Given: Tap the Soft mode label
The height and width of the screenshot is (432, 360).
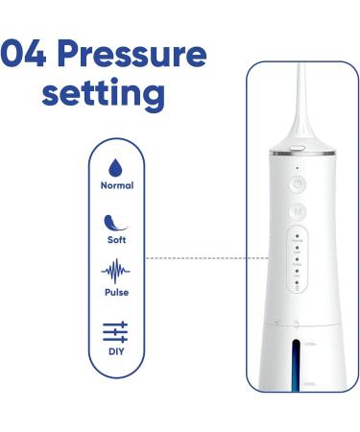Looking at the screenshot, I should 116,239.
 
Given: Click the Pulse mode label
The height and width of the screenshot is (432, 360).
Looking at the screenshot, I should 116,292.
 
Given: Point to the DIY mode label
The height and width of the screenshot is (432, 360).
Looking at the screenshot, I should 116,351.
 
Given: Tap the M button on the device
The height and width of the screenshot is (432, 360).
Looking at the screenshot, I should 298,210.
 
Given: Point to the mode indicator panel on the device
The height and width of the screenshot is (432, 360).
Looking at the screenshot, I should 298,260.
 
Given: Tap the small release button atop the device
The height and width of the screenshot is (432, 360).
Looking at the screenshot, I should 298,148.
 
